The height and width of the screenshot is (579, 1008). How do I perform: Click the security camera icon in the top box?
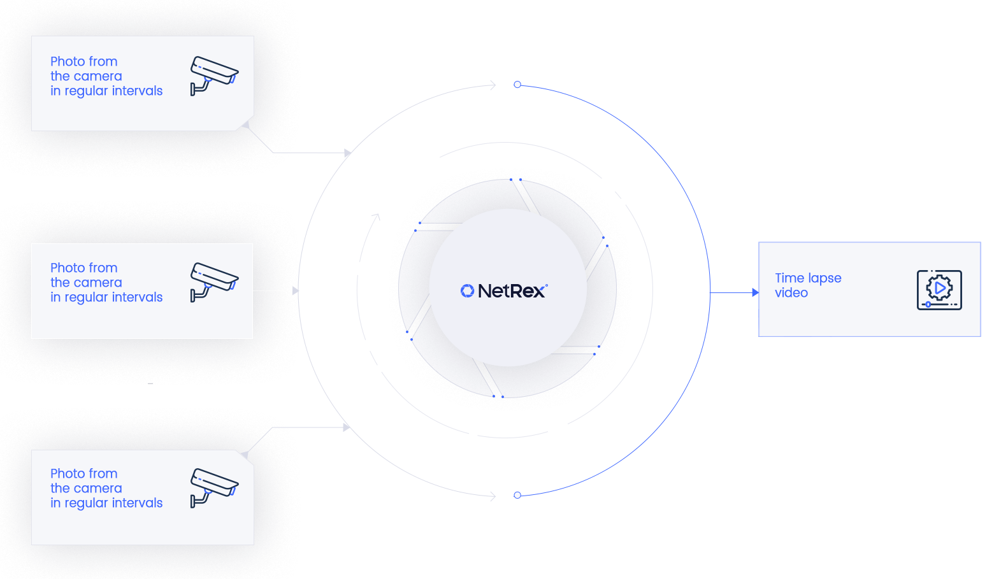tap(214, 75)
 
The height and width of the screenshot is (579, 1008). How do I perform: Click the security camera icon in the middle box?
tap(214, 282)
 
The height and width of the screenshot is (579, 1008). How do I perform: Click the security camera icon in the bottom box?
tap(214, 487)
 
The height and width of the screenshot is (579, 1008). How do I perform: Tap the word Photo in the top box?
tap(68, 62)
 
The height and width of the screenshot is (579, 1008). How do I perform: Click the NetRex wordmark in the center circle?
tap(512, 291)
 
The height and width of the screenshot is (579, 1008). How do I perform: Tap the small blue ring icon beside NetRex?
tap(467, 291)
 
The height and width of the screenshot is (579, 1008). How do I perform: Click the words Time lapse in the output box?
tap(808, 278)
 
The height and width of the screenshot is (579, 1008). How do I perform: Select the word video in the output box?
tap(791, 293)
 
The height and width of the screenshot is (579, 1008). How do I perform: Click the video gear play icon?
tap(939, 290)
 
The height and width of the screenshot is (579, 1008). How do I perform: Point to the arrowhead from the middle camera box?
tap(296, 291)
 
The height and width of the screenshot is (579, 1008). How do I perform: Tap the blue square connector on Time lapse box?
tap(755, 293)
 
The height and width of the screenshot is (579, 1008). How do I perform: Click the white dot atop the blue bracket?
tap(517, 84)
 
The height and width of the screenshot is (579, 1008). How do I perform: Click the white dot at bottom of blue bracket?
tap(517, 495)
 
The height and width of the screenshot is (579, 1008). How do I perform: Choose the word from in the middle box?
tap(103, 268)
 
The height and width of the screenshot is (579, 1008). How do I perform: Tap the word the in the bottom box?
tap(60, 489)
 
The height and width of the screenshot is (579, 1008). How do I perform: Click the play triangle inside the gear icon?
tap(940, 289)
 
